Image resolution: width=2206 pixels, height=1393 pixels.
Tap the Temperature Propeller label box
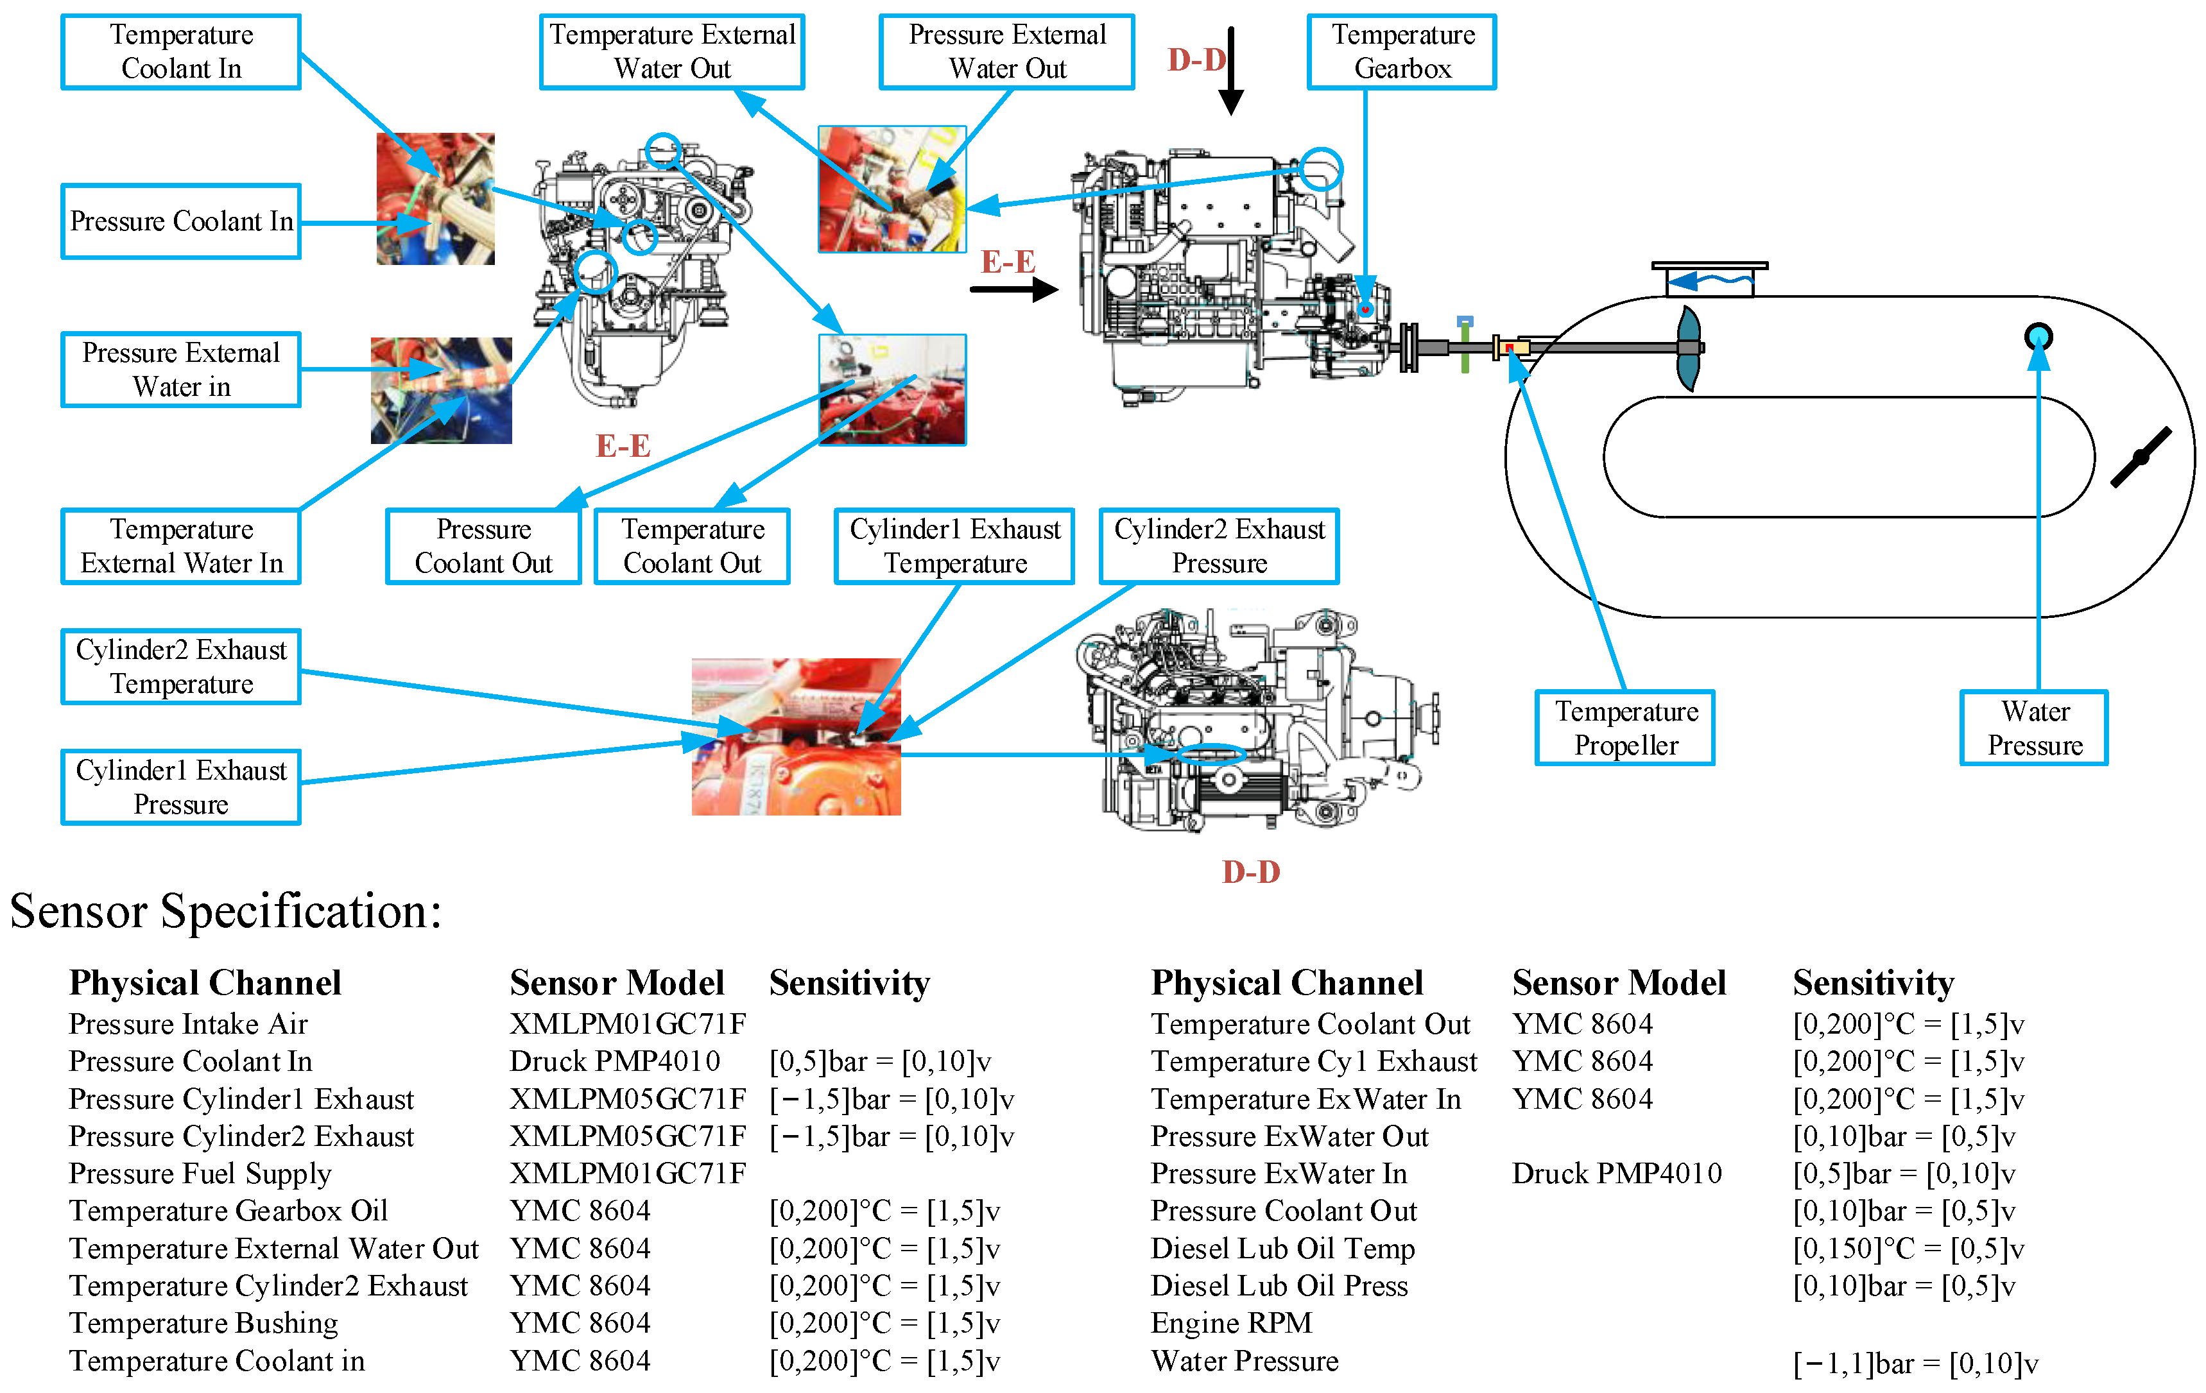pos(1624,728)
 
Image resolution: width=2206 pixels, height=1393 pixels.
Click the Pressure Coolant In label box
pos(182,221)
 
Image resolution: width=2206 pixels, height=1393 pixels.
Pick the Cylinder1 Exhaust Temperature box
pos(954,547)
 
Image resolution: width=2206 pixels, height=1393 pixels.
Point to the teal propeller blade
pos(1689,348)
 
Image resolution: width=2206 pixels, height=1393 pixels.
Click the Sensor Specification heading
pos(225,911)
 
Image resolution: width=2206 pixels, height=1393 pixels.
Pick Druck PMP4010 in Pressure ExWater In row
pos(1616,1173)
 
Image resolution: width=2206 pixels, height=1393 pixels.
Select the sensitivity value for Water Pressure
pos(1915,1363)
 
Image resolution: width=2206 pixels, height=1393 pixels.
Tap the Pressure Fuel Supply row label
pos(200,1173)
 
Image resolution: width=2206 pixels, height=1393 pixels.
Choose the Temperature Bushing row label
pos(203,1324)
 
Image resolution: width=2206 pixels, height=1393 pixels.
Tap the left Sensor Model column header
pos(617,983)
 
